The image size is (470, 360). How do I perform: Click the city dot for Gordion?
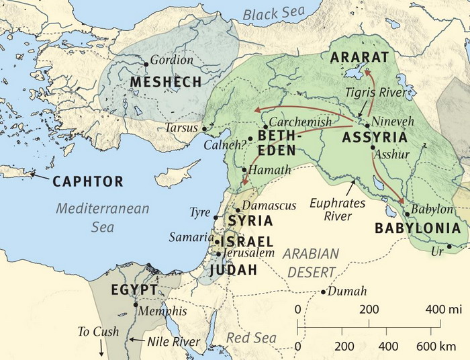[x=146, y=64]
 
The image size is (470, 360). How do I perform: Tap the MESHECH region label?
[x=166, y=82]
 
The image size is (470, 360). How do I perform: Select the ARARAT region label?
[x=360, y=56]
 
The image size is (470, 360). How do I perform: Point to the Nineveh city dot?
[x=367, y=125]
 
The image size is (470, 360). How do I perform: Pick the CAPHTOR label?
[x=88, y=181]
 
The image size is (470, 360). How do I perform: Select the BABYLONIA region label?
[x=418, y=228]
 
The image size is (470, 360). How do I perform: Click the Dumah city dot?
[x=324, y=292]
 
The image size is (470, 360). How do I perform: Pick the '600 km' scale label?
[x=436, y=347]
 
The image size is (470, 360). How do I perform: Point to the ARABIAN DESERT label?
[x=310, y=263]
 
